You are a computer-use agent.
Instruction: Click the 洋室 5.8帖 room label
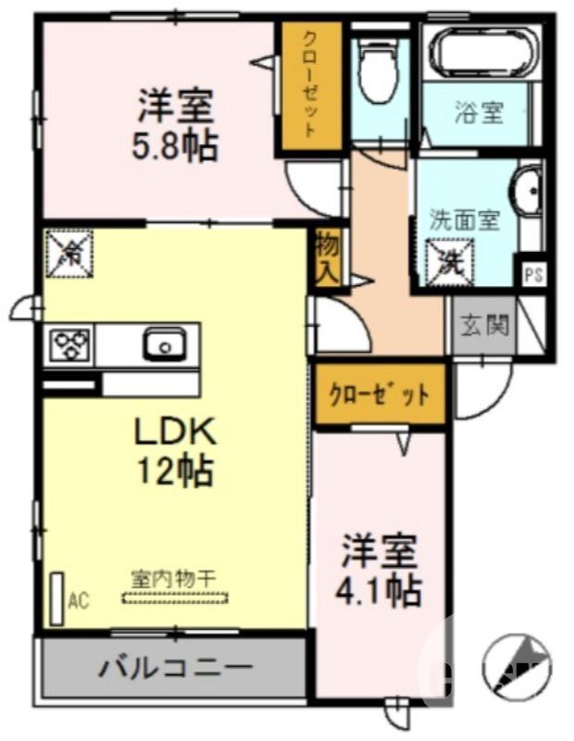pyautogui.click(x=178, y=125)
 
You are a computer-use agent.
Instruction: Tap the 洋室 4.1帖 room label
pyautogui.click(x=381, y=569)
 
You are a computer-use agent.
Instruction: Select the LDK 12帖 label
pyautogui.click(x=175, y=451)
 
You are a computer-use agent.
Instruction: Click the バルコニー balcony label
pyautogui.click(x=174, y=666)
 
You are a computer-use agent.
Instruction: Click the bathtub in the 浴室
pyautogui.click(x=480, y=51)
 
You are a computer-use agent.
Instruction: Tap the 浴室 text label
pyautogui.click(x=479, y=114)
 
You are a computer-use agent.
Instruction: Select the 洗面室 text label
pyautogui.click(x=465, y=220)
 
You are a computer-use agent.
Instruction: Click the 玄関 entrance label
pyautogui.click(x=483, y=326)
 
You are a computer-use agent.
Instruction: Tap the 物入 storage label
pyautogui.click(x=328, y=257)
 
